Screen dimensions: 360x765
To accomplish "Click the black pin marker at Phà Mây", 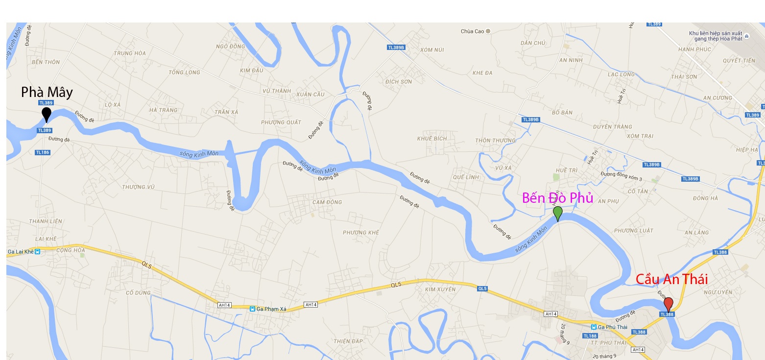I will click(47, 114).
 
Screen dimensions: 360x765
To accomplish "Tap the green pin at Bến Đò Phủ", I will click(557, 213).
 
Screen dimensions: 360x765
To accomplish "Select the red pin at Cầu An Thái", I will click(668, 304).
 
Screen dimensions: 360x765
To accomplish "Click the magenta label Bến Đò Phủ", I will click(557, 198).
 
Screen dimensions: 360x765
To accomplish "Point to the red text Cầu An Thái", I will click(671, 279).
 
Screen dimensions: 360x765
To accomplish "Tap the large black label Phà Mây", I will click(47, 92).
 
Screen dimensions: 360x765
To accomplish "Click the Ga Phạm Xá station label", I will click(267, 309).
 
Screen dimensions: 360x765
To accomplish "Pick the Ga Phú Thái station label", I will click(609, 327).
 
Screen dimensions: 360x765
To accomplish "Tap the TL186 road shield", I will click(43, 152).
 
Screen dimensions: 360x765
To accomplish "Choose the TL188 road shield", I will click(590, 336).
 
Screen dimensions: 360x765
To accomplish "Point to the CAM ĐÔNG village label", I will click(327, 202).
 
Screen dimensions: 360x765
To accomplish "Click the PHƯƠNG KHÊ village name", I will click(361, 232).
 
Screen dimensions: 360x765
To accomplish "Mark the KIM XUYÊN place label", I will click(440, 289).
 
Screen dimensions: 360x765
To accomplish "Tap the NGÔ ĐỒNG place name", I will click(230, 47).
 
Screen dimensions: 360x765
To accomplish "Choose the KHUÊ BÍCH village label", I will click(432, 139).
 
